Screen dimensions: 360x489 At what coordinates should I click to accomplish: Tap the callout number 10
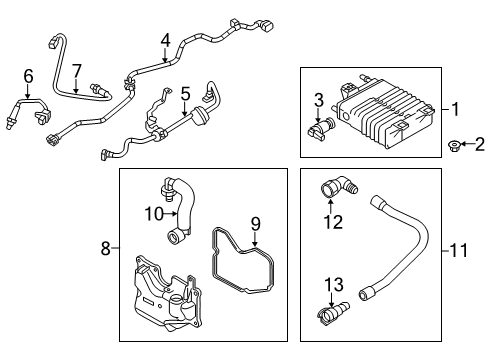pos(151,213)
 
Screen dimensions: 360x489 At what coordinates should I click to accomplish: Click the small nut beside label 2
pos(456,147)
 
